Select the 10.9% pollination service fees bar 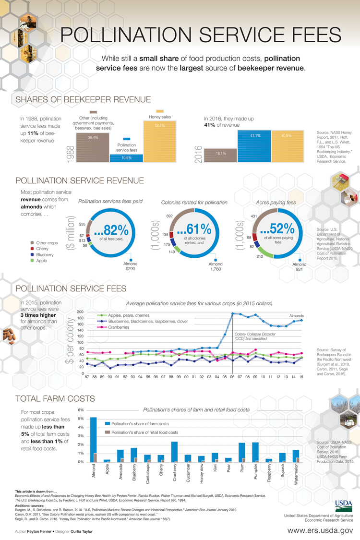[126, 158]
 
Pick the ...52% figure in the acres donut [275, 229]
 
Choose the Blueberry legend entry [45, 254]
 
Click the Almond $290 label [131, 267]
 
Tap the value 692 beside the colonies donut [169, 216]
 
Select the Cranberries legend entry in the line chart [119, 327]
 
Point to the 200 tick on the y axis [80, 312]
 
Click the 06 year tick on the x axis [233, 378]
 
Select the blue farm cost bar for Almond [94, 439]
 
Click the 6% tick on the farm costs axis [81, 410]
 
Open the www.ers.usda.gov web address [320, 530]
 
